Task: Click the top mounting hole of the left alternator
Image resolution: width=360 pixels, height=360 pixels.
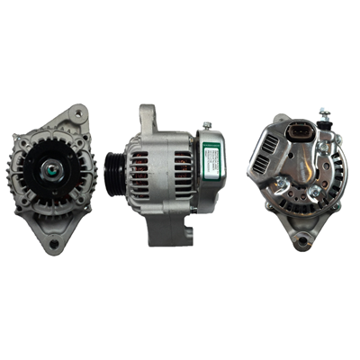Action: coord(79,113)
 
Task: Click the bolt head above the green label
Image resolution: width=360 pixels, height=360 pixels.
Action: coord(207,126)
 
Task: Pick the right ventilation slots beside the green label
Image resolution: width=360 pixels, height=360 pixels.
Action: coord(183,171)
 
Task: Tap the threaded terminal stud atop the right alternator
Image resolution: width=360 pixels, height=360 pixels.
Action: coord(323,116)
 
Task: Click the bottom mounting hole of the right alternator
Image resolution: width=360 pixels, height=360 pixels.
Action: coord(301,240)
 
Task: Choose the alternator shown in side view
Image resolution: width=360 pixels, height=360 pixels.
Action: coord(171,175)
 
